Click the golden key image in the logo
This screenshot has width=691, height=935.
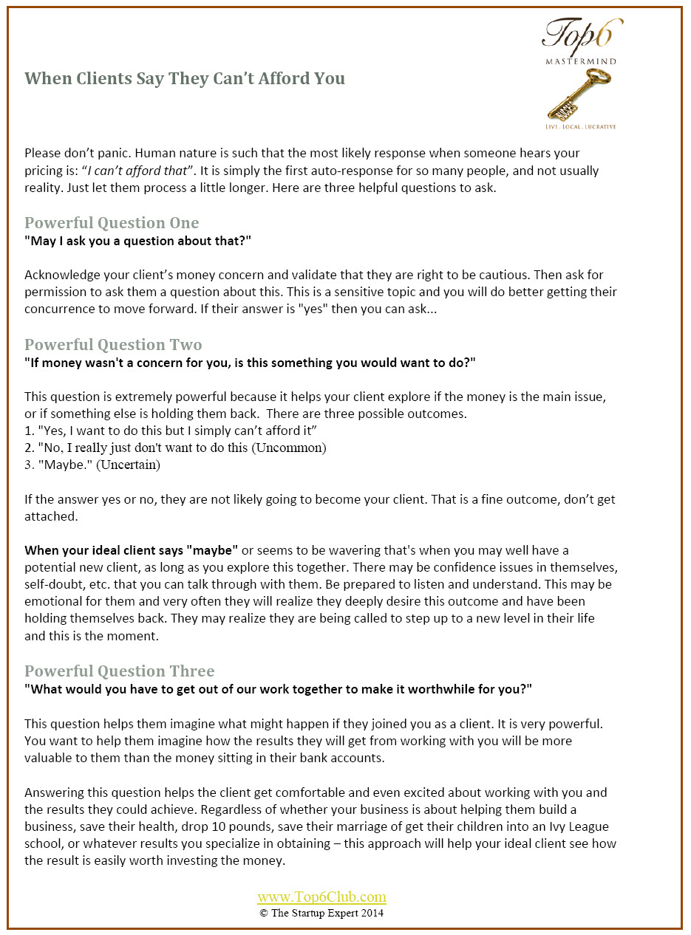point(581,94)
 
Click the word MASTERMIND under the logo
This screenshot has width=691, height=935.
point(580,61)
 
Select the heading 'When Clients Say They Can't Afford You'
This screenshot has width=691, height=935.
point(185,78)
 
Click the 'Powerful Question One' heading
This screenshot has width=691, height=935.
point(112,223)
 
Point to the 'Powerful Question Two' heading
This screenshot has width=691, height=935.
point(113,345)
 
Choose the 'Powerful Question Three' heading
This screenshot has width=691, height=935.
point(120,671)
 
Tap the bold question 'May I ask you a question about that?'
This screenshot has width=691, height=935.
point(140,241)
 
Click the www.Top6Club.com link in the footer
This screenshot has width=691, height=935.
point(321,897)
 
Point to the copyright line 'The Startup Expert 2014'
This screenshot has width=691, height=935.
point(321,913)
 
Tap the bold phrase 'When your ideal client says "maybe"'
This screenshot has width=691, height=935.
point(132,550)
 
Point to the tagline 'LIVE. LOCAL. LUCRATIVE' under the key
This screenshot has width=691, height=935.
point(580,127)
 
